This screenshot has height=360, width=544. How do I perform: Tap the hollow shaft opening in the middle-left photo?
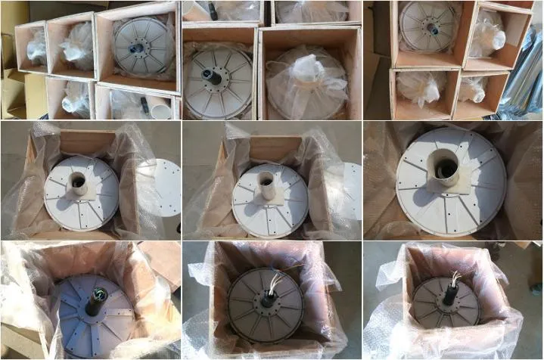79,181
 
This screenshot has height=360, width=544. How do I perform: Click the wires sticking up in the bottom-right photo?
455,279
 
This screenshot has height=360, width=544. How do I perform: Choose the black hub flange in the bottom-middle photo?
266,301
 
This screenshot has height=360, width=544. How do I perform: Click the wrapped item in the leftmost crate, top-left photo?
36,47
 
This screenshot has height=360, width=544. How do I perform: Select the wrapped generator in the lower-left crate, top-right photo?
418,90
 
